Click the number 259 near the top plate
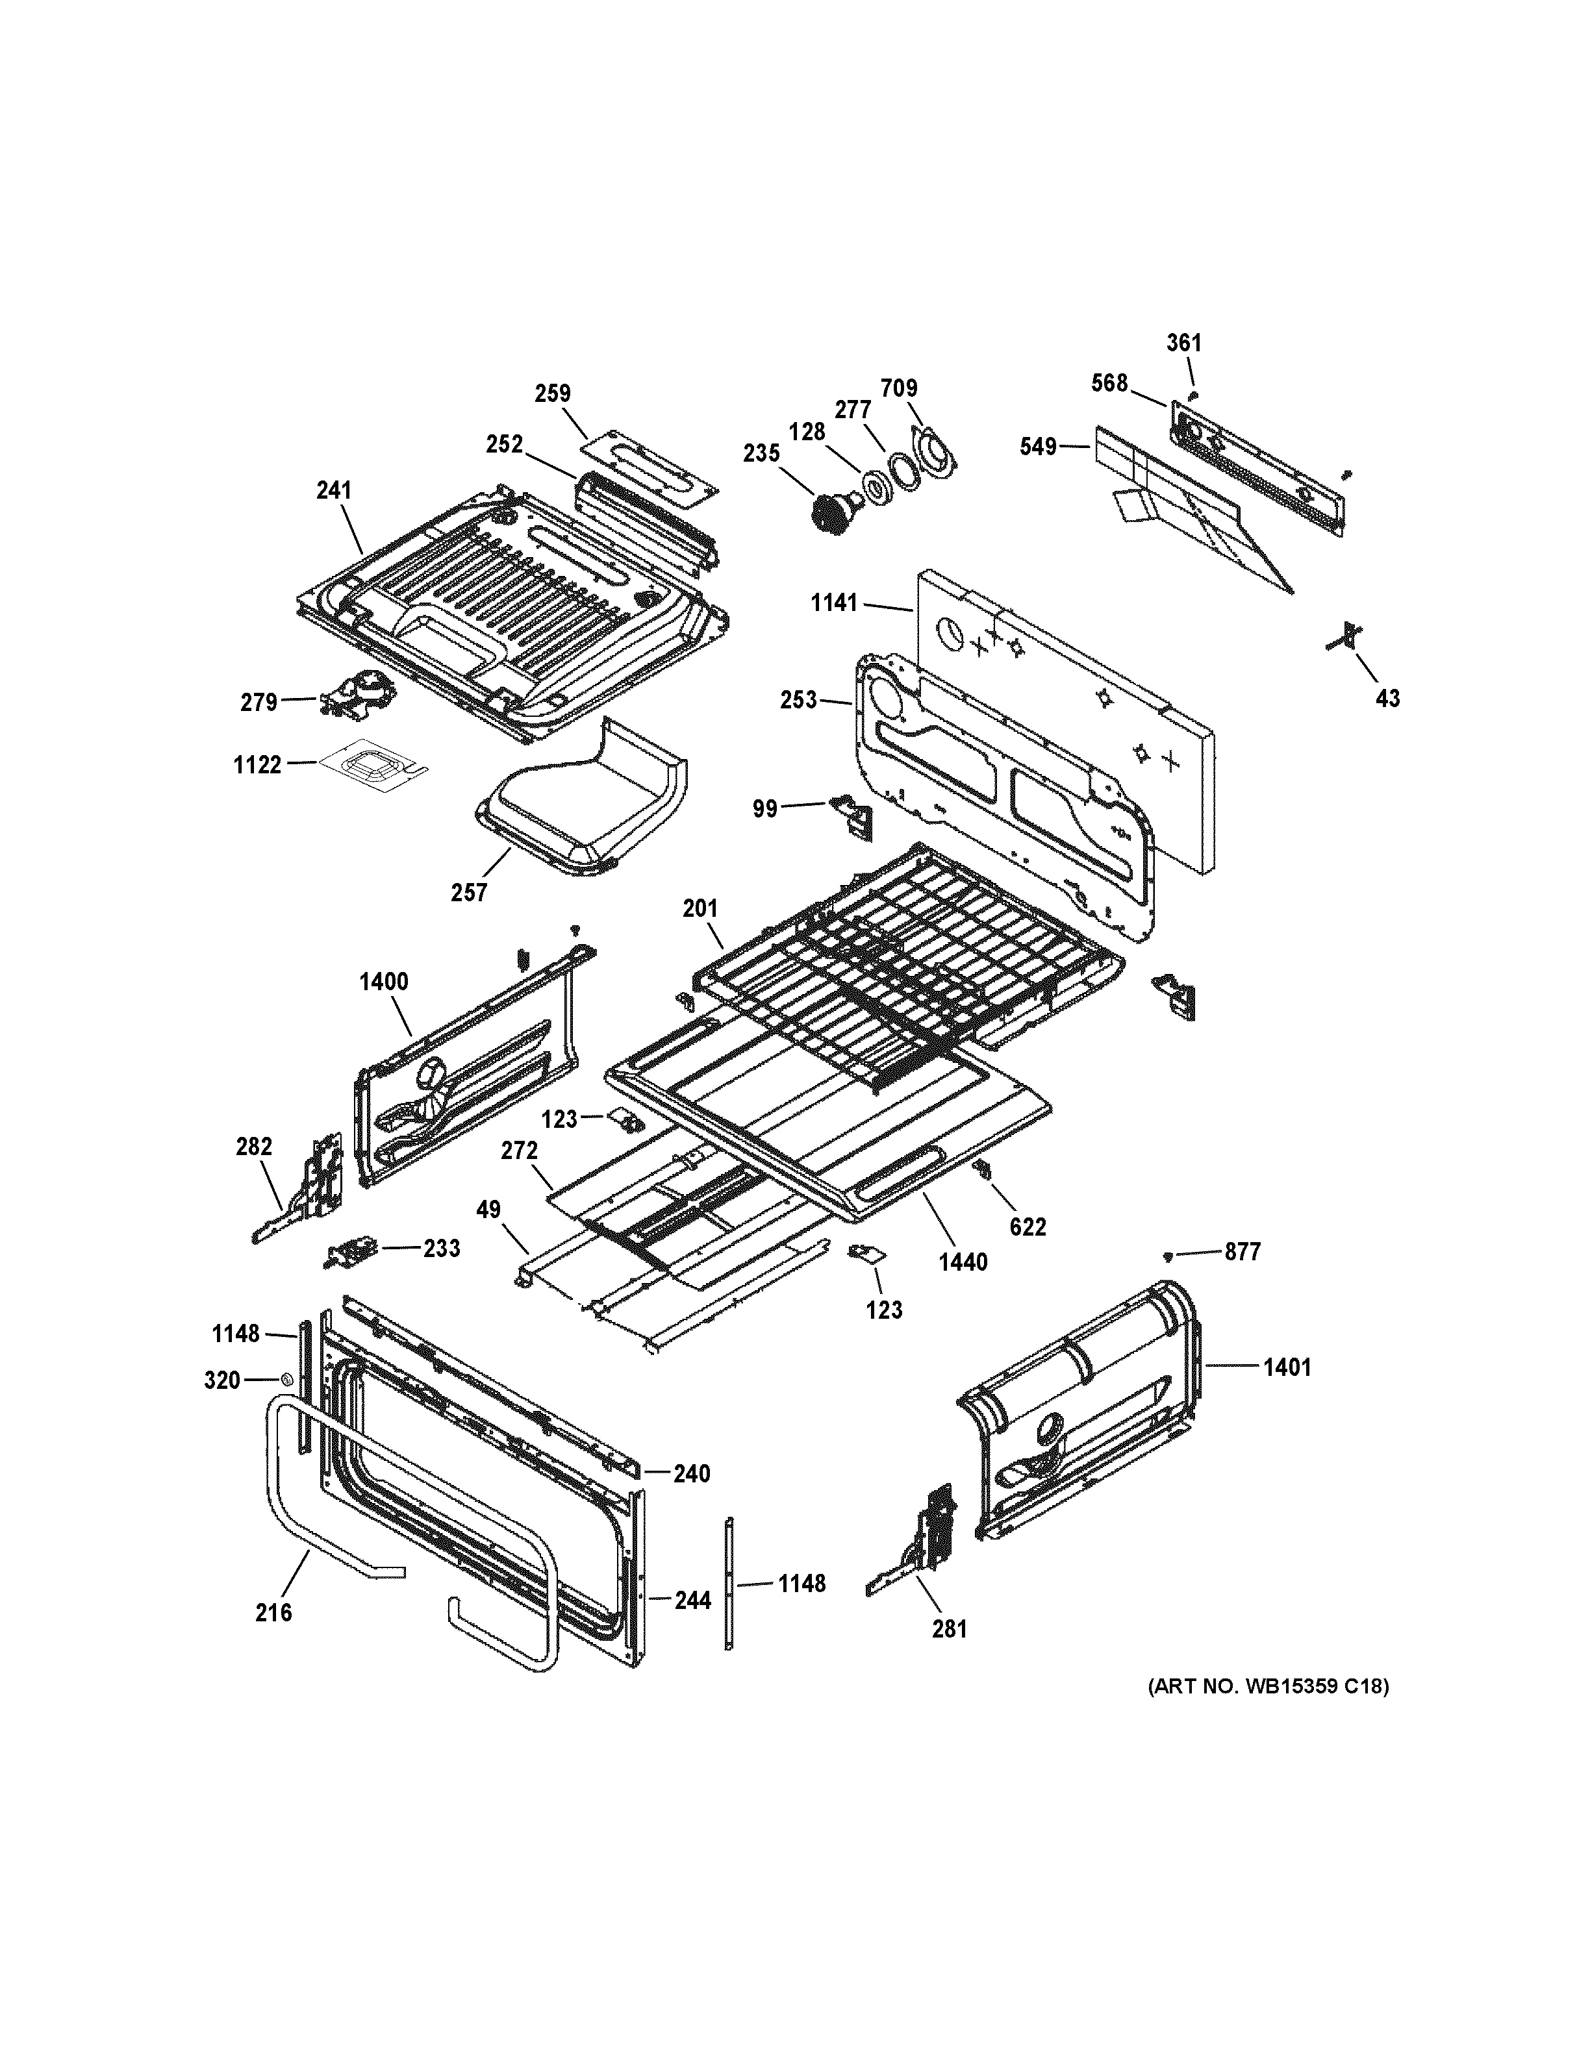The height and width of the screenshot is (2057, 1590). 552,393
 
